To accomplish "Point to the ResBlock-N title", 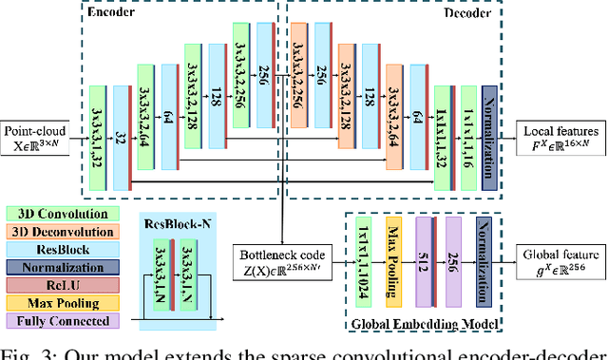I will [x=171, y=226].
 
